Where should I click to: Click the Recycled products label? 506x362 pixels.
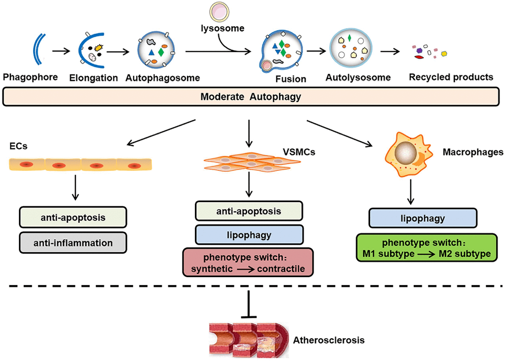click(x=451, y=77)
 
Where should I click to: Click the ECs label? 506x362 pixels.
click(x=18, y=147)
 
